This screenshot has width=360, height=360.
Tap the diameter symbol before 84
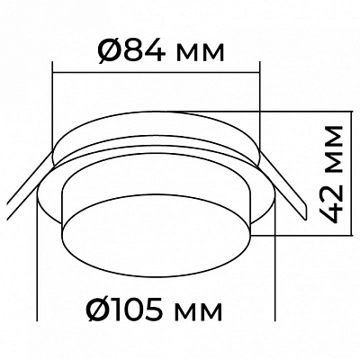click(x=109, y=52)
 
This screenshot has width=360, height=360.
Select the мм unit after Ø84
click(x=200, y=54)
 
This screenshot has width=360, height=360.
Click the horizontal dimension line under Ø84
click(x=156, y=72)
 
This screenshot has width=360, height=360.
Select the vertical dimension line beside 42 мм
click(x=350, y=173)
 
